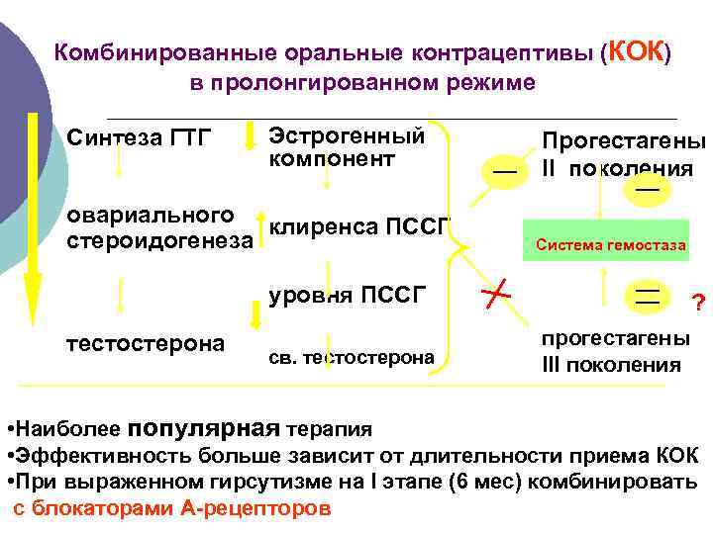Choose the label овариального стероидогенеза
156,226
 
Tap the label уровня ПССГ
347,292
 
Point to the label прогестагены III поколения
615,351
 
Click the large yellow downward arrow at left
32,218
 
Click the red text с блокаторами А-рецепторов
172,509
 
